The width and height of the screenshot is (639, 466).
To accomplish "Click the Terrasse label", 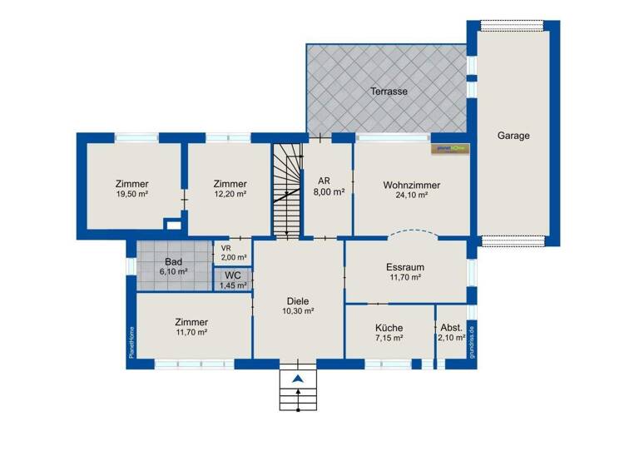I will pyautogui.click(x=388, y=91).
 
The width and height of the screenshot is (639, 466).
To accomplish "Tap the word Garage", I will pyautogui.click(x=513, y=135).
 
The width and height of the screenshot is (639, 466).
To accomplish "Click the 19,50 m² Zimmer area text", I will pyautogui.click(x=132, y=194).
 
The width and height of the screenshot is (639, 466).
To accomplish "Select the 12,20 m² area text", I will pyautogui.click(x=230, y=194).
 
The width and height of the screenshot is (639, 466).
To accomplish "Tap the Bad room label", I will pyautogui.click(x=173, y=261).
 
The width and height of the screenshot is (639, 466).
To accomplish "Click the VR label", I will pyautogui.click(x=225, y=247).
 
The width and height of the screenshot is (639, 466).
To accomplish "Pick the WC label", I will pyautogui.click(x=233, y=275).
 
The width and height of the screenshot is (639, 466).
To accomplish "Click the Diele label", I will pyautogui.click(x=297, y=300).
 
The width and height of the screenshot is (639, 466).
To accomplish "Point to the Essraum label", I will pyautogui.click(x=405, y=267).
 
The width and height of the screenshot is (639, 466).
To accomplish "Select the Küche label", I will pyautogui.click(x=389, y=328).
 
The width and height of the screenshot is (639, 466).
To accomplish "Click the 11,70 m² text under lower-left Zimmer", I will pyautogui.click(x=191, y=332).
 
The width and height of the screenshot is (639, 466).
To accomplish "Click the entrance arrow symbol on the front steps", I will pyautogui.click(x=298, y=380).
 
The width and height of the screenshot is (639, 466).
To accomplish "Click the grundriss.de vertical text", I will pyautogui.click(x=469, y=340).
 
